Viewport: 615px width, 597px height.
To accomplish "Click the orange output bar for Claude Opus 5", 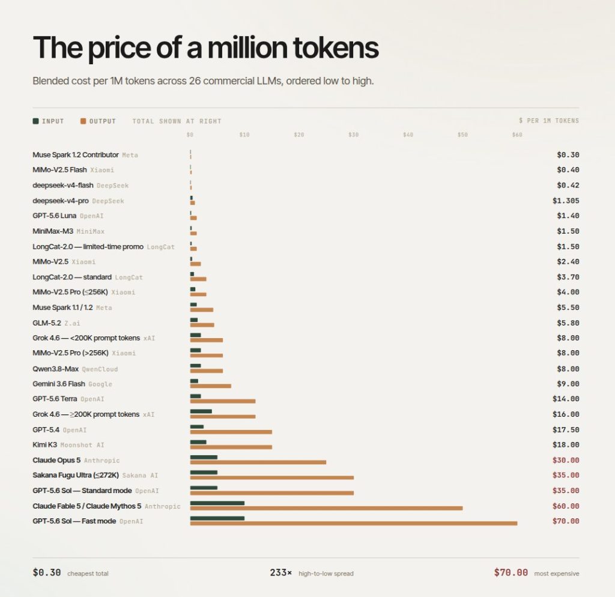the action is point(258,462).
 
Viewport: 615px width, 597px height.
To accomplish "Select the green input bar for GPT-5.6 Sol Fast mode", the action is point(217,518).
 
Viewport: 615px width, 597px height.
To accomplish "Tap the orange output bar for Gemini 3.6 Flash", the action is point(211,386).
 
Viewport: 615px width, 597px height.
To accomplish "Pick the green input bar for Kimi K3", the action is point(198,442).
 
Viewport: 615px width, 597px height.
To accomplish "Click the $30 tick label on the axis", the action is point(353,135).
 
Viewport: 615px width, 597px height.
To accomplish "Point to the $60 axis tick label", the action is point(517,135).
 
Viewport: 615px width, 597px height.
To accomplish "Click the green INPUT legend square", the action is point(35,121).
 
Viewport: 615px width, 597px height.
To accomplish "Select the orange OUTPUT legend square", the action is point(83,121).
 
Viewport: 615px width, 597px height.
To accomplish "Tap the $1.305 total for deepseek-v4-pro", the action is point(566,201).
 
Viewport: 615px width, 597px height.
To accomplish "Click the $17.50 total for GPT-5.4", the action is point(566,429).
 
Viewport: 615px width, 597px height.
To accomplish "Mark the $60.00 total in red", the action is point(566,506).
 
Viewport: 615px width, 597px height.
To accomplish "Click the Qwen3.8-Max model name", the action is point(56,369).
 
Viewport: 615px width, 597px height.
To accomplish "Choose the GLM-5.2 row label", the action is point(47,323).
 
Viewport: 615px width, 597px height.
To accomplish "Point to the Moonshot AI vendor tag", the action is point(82,445).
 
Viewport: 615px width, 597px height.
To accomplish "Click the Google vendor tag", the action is point(100,384).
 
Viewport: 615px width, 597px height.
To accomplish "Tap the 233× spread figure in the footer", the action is point(281,573).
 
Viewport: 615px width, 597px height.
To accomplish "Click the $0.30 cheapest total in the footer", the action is point(47,573).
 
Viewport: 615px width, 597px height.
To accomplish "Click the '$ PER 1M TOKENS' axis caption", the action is point(549,120).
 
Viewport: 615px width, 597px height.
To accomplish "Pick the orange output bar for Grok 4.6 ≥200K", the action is point(223,417).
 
